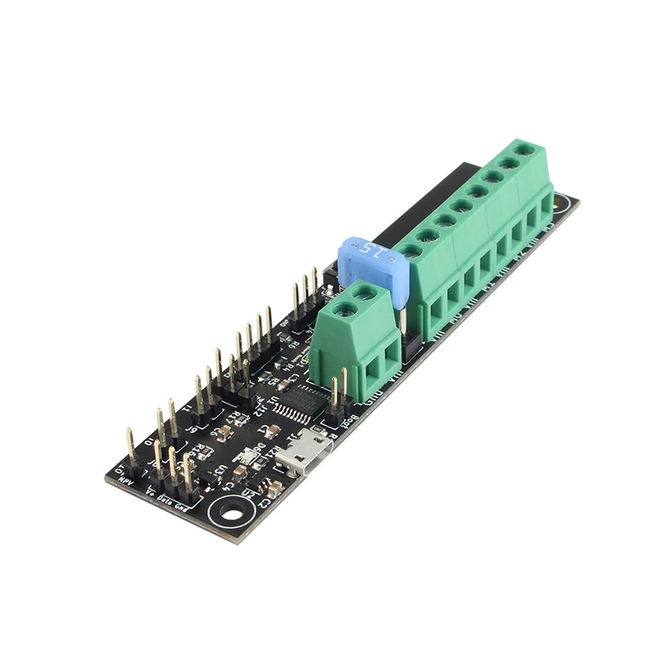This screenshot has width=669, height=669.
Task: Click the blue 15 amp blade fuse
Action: [371, 264]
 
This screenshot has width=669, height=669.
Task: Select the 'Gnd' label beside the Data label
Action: [181, 508]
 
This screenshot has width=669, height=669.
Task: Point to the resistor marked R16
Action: [198, 451]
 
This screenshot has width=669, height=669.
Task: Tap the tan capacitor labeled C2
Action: [272, 486]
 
